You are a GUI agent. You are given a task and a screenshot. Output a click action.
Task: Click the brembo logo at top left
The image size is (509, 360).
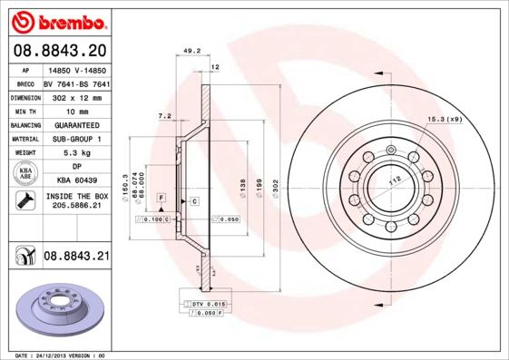pyautogui.click(x=59, y=20)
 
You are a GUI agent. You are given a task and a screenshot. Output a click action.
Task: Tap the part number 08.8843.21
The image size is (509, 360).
pyautogui.click(x=76, y=257)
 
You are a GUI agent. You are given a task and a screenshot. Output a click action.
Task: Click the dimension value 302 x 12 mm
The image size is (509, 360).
pyautogui.click(x=75, y=96)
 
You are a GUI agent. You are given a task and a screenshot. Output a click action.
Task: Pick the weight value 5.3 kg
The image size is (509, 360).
pyautogui.click(x=76, y=153)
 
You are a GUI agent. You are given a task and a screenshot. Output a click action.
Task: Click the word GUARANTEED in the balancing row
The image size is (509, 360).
pyautogui.click(x=76, y=125)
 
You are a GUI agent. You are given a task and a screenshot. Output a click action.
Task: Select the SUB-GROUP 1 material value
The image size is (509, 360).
pyautogui.click(x=76, y=139)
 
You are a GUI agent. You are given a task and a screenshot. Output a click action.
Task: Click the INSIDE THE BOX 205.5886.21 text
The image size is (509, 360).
pyautogui.click(x=76, y=201)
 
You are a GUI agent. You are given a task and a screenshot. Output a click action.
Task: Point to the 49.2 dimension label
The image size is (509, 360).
pyautogui.click(x=191, y=52)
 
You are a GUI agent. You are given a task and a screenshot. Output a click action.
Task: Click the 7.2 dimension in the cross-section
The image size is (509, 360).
pyautogui.click(x=165, y=117)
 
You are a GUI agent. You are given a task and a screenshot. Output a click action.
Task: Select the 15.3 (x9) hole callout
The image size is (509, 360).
pyautogui.click(x=445, y=119)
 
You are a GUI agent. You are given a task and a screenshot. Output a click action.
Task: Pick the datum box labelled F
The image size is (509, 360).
pyautogui.click(x=161, y=197)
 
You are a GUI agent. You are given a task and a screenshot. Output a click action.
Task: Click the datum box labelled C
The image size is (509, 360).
pyautogui.click(x=194, y=199)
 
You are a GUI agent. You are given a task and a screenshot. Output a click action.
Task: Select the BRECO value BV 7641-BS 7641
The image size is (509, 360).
pyautogui.click(x=76, y=83)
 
